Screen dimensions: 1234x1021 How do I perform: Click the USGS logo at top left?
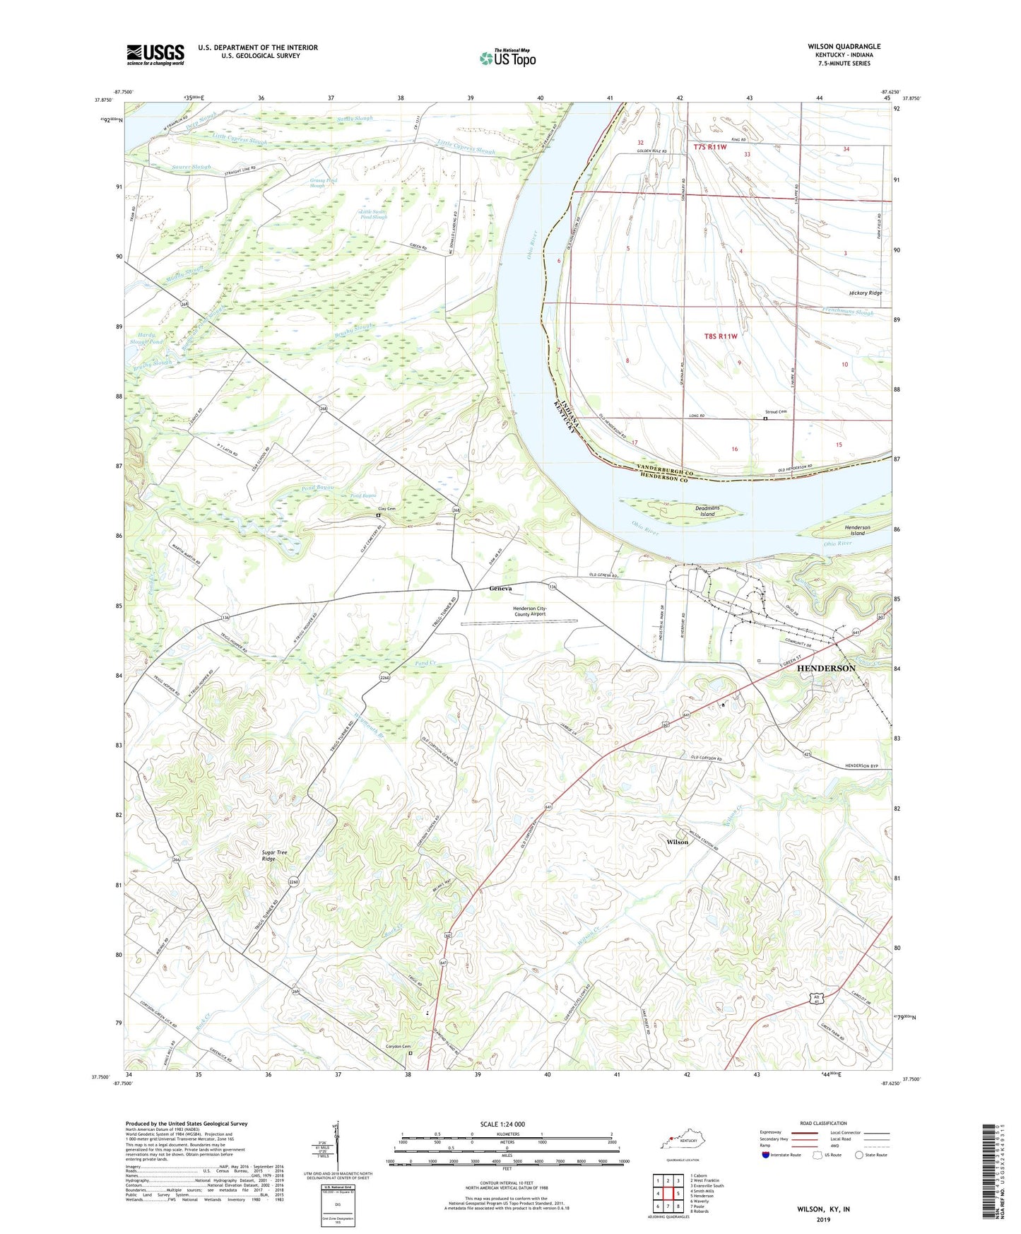tap(155, 54)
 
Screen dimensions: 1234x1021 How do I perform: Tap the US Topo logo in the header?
tap(507, 59)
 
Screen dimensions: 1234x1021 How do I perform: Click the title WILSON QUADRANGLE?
tap(844, 47)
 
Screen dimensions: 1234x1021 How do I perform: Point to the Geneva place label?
tap(501, 588)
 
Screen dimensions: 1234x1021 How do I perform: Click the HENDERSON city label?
tap(826, 668)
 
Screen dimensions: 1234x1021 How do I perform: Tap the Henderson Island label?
tap(857, 530)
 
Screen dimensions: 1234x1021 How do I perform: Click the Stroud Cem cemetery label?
tap(776, 411)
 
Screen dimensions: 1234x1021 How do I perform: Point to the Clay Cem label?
tap(386, 509)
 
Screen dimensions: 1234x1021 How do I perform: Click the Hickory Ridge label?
tap(866, 293)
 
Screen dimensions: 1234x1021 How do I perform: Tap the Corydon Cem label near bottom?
tap(398, 1047)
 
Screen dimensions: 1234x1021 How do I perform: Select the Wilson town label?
tap(677, 842)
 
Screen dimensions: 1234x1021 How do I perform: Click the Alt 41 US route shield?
tap(818, 996)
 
